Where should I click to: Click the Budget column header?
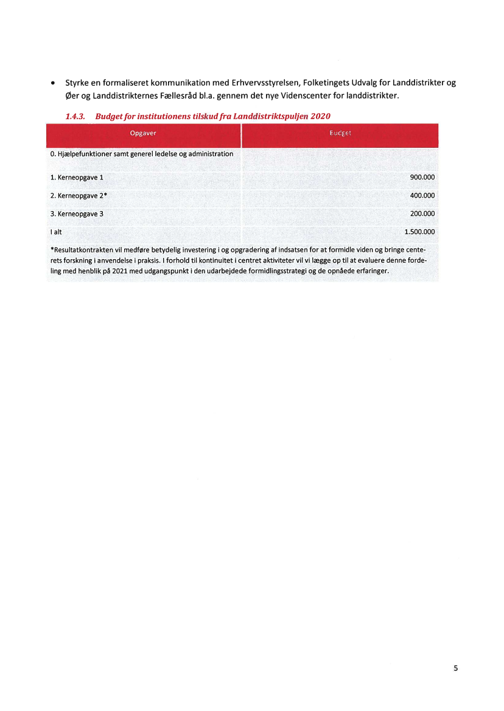tap(340, 133)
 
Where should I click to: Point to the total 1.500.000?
tap(419, 232)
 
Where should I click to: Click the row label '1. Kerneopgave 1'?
tap(77, 177)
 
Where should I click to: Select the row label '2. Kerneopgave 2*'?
tap(79, 195)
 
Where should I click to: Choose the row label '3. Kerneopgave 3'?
tap(77, 213)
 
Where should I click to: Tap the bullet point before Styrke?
tap(54, 83)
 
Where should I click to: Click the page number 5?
tap(455, 668)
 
